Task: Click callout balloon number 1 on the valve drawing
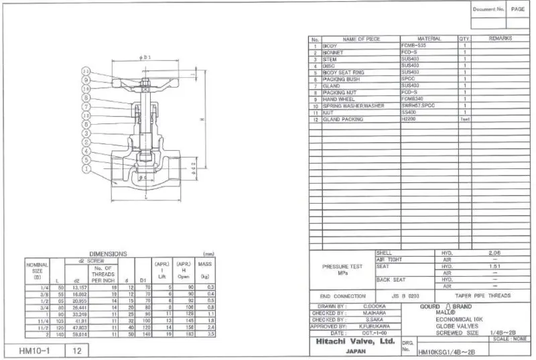tap(86, 170)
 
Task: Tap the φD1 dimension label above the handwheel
tap(145, 58)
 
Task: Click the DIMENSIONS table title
tap(108, 254)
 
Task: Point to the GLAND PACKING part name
tap(343, 119)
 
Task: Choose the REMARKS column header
tap(500, 39)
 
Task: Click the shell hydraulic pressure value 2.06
tap(494, 253)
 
